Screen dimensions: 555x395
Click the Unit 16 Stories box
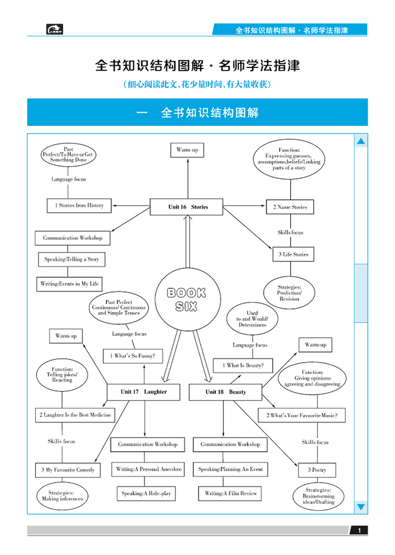(x=188, y=207)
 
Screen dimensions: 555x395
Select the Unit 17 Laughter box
(x=143, y=392)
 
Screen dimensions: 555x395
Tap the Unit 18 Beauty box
(x=225, y=392)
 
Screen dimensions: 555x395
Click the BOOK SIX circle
(x=186, y=299)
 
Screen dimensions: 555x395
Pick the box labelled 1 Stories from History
(x=80, y=205)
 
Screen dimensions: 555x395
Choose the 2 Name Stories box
(x=290, y=207)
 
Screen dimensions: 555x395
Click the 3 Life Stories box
(x=293, y=255)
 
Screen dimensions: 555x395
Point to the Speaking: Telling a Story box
(x=72, y=259)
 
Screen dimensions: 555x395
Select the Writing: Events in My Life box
(x=70, y=284)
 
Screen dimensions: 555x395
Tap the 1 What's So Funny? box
(x=136, y=356)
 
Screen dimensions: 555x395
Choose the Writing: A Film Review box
(x=230, y=493)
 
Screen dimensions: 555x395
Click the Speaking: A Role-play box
(x=146, y=493)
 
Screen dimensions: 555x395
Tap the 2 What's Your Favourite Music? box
(x=302, y=415)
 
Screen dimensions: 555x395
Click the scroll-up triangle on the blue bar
(x=361, y=141)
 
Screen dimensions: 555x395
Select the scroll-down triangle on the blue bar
(x=361, y=507)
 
